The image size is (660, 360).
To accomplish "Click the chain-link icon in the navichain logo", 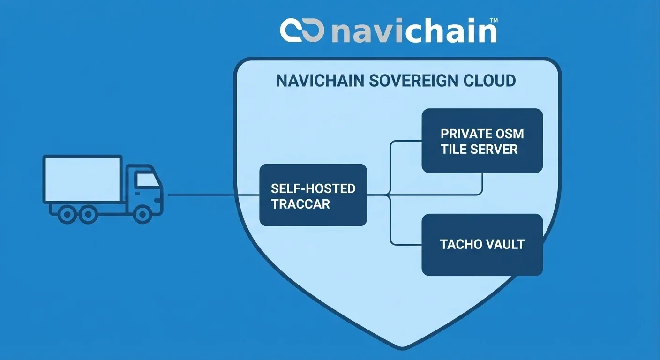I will point(303,30).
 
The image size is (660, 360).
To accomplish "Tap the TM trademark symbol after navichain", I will point(493,21).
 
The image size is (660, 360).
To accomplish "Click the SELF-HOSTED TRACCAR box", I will point(313,195).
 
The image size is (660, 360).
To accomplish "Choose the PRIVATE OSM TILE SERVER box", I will point(482,141).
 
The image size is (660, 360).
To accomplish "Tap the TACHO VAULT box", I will point(482,244).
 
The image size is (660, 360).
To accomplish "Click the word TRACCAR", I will point(300,204).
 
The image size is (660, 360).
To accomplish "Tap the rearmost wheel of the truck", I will point(67,214).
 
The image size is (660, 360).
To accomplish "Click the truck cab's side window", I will point(147,180).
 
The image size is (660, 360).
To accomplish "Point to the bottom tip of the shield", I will point(403,348).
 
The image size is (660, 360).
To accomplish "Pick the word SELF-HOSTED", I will point(313,189).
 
